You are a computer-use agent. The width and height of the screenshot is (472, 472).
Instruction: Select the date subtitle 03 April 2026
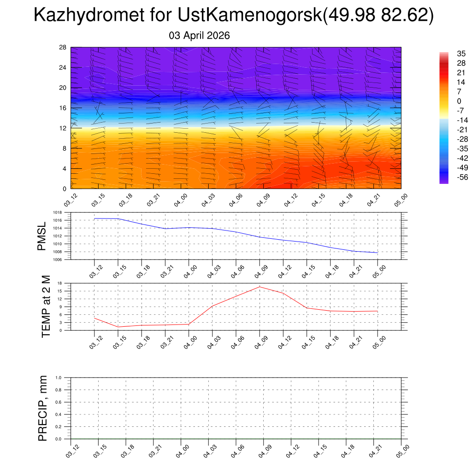[200, 35]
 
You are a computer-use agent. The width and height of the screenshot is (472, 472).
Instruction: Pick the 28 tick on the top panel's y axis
[63, 47]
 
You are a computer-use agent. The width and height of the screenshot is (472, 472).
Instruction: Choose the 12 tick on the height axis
[63, 128]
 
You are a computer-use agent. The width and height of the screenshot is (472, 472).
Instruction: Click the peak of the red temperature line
[260, 287]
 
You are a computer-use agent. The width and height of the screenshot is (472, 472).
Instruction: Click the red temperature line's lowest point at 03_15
[118, 327]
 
